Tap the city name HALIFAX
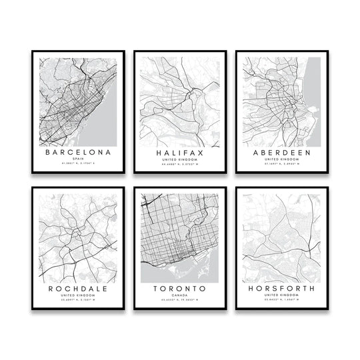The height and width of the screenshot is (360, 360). pos(179,153)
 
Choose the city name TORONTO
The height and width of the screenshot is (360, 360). pos(179,289)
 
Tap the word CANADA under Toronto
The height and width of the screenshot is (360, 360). pos(179,297)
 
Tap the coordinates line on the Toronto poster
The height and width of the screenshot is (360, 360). pos(179,302)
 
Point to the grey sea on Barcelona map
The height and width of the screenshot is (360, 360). pos(100,127)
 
